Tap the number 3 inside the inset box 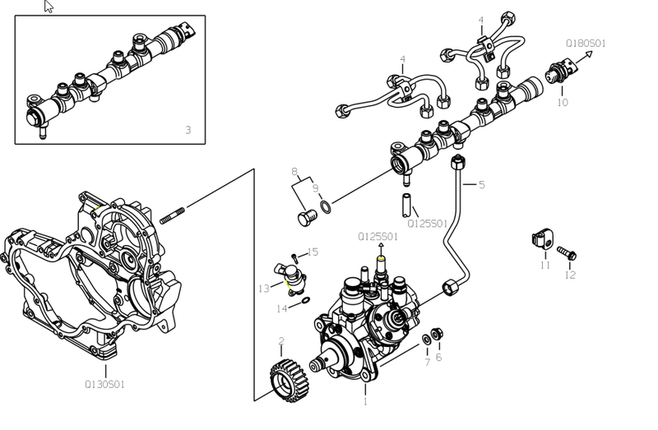point(188,130)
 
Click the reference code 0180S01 point(585,43)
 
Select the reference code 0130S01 point(104,384)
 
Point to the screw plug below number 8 point(307,217)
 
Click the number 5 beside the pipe point(482,185)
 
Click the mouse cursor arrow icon point(49,7)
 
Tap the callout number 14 point(282,308)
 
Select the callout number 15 point(313,252)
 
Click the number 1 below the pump point(365,402)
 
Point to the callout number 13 point(263,289)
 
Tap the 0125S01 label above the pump point(378,236)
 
